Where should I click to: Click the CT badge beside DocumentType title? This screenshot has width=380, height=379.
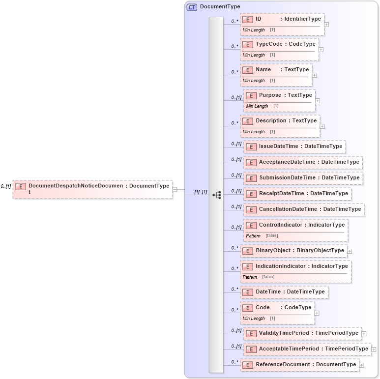[192, 7]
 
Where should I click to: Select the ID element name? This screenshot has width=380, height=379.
[258, 19]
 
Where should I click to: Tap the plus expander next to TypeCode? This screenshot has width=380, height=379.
[321, 50]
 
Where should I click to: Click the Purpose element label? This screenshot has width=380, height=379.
[270, 95]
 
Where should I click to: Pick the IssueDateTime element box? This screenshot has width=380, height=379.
[294, 146]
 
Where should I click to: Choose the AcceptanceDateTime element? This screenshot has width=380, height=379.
[303, 162]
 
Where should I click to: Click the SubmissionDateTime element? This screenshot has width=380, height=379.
[303, 178]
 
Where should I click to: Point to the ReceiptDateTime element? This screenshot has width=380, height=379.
[297, 194]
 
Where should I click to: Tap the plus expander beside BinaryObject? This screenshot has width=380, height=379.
[350, 251]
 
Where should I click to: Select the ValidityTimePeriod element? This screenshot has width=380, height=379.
[302, 333]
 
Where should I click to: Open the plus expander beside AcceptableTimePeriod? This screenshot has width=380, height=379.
[374, 350]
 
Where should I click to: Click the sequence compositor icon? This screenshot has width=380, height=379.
[216, 195]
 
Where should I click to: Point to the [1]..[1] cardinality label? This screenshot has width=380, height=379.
[201, 192]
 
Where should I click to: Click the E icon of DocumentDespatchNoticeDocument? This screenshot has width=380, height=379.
[21, 186]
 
